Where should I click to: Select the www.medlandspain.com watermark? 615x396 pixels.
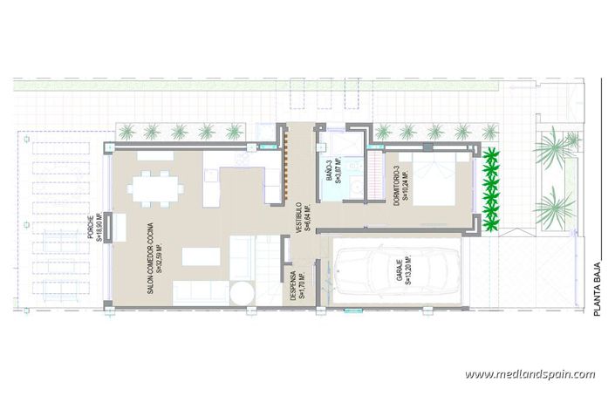(x=530, y=374)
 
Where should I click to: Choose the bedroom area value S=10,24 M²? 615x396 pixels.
(x=407, y=184)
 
